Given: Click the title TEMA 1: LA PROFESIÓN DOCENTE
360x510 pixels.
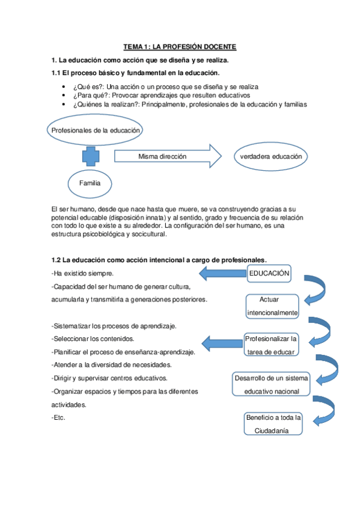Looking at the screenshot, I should click(x=180, y=46).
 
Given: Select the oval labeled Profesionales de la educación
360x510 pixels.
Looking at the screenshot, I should click(x=96, y=130).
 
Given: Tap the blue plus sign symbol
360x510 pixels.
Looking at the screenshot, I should click(x=91, y=156).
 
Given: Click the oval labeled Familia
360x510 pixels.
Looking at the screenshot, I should click(x=90, y=183).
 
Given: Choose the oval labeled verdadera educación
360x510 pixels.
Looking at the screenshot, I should click(x=270, y=156).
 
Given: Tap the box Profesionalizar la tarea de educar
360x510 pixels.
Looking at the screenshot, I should click(x=271, y=345).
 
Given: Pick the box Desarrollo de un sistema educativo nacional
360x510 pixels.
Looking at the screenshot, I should click(x=271, y=384).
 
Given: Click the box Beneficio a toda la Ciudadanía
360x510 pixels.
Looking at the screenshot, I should click(x=273, y=423).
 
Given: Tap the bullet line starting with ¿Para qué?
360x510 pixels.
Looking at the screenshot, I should click(x=161, y=96).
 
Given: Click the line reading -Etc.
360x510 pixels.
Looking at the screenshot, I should click(x=58, y=418).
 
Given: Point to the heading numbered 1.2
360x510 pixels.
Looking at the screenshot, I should click(x=159, y=259).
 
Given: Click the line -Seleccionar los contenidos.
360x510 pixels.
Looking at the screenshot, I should click(x=93, y=339).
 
